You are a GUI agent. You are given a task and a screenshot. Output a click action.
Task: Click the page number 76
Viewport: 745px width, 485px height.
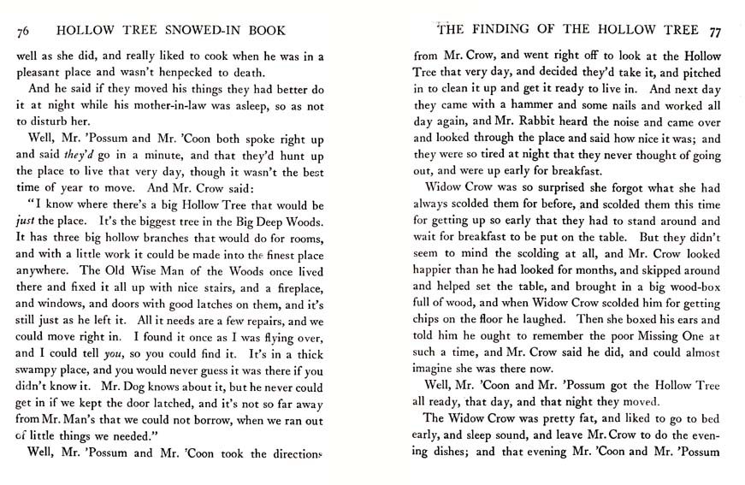23,33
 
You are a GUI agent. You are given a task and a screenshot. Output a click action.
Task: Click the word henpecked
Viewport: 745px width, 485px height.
189,74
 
